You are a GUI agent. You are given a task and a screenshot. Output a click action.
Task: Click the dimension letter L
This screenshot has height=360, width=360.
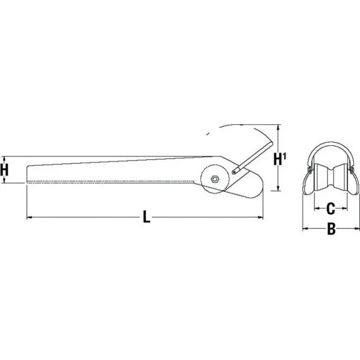point(146,218)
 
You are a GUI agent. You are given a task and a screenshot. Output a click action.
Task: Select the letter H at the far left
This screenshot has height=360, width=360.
point(5,169)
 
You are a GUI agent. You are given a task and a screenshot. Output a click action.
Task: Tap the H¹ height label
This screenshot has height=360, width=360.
point(280,159)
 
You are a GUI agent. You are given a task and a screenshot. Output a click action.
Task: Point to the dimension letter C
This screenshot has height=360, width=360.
point(331,208)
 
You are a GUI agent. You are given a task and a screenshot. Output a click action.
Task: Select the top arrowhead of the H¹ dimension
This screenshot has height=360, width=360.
point(278,127)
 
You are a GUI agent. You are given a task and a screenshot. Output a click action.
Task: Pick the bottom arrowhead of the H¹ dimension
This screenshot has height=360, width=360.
point(278,202)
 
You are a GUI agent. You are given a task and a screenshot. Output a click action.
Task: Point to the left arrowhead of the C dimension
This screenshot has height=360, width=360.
point(316,208)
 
